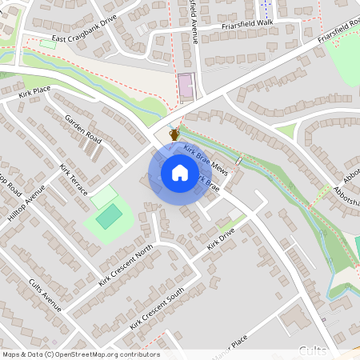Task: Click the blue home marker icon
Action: [x=180, y=173]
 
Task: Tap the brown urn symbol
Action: [x=174, y=134]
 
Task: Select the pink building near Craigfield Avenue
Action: [x=186, y=86]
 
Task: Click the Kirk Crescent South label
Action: [x=156, y=307]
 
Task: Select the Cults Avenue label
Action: [x=45, y=295]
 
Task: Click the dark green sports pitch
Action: [x=109, y=215]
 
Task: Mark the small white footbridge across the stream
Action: [x=238, y=160]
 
